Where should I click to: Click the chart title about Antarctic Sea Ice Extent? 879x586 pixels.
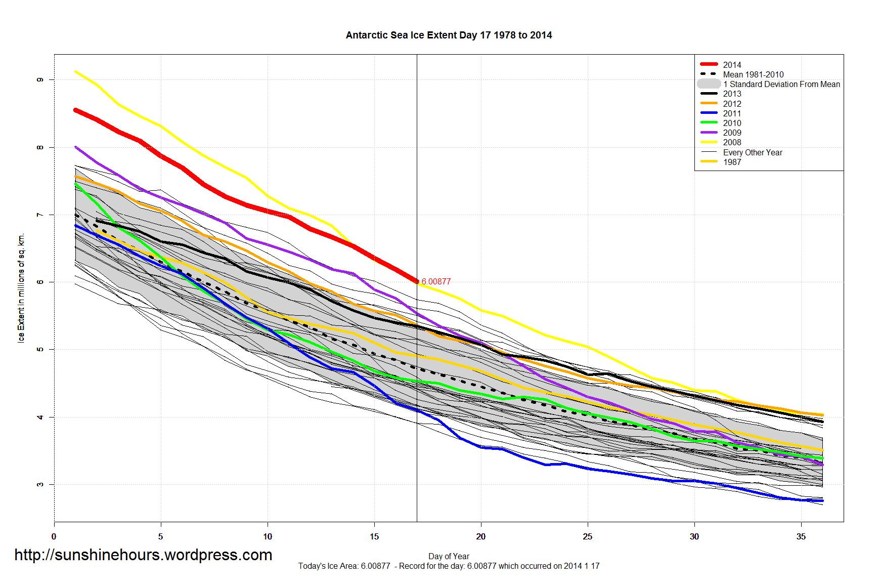(449, 35)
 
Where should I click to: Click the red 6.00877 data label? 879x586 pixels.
(436, 281)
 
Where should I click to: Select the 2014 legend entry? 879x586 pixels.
(731, 65)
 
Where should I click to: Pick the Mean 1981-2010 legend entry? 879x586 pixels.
(753, 74)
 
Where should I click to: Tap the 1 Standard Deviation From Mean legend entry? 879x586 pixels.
(781, 84)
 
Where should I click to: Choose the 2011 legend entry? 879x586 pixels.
(731, 113)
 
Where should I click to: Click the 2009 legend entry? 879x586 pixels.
(731, 133)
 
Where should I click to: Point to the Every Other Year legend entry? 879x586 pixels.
(752, 152)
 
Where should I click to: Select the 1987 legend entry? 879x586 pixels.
(731, 162)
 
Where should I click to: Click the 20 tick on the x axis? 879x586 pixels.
(481, 536)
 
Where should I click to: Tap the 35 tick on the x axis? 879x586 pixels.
(801, 536)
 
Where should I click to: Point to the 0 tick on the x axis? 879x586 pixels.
(54, 536)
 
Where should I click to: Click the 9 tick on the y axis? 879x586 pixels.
(40, 79)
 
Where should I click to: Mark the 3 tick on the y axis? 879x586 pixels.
(40, 484)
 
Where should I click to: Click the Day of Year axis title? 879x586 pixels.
(449, 556)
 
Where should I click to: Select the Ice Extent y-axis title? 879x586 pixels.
(21, 288)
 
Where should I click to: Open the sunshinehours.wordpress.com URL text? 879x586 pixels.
(143, 555)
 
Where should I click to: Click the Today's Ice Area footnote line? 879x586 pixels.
(449, 566)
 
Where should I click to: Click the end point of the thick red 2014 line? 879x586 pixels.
(416, 281)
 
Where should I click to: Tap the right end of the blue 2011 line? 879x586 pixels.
(822, 500)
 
